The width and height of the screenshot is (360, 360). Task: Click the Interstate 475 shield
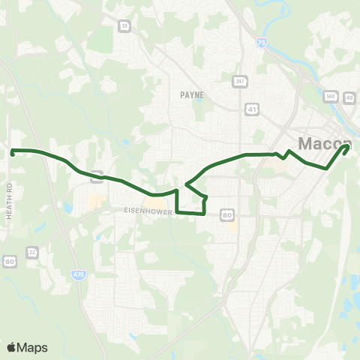79,275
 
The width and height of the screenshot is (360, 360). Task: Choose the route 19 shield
123,25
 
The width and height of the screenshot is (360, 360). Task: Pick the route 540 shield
330,96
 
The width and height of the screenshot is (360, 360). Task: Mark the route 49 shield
348,96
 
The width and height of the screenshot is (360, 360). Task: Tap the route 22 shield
31,251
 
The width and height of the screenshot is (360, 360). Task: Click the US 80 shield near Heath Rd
9,262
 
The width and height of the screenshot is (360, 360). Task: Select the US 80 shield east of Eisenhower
227,215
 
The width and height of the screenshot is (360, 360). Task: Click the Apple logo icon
11,347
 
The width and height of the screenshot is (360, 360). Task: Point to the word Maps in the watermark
32,347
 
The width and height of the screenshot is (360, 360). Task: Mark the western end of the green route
13,151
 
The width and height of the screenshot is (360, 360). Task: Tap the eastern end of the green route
346,147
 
